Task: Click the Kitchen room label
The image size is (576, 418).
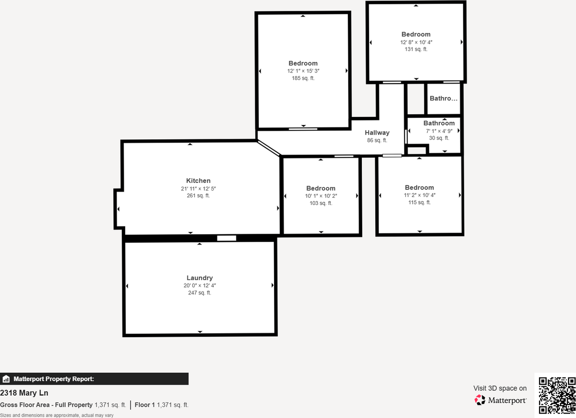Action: tap(198, 181)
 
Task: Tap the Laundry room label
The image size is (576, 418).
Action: tap(200, 278)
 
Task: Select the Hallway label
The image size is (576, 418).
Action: tap(377, 133)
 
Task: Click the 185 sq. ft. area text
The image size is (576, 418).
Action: tap(303, 78)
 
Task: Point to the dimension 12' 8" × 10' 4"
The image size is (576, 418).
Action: tap(416, 42)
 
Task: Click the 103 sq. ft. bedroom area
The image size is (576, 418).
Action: tap(321, 203)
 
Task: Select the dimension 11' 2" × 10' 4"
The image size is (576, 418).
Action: tap(419, 195)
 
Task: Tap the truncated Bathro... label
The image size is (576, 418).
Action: tap(443, 98)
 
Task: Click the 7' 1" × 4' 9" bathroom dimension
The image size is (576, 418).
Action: tap(439, 131)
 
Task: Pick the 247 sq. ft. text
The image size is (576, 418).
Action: tap(200, 293)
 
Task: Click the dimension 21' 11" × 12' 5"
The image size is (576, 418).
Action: tap(198, 188)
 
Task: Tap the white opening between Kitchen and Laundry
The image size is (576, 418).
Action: tap(226, 238)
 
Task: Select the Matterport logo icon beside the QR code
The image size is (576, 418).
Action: tap(480, 400)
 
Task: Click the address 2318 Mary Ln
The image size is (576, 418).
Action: tap(24, 393)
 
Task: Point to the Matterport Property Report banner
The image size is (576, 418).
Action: tap(94, 379)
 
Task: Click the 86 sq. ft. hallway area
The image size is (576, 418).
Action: tap(377, 140)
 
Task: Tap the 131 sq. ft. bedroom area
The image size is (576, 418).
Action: tap(416, 49)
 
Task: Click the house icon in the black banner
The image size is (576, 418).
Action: tap(6, 379)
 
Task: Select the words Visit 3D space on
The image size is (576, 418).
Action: tap(499, 388)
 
